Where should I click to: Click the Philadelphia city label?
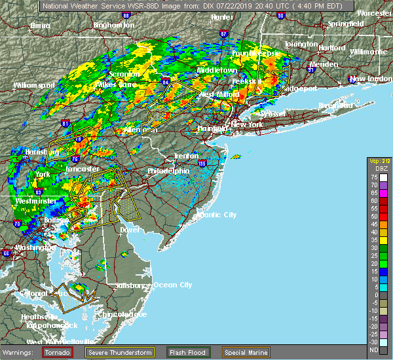coord(168,171)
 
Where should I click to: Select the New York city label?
coord(248,124)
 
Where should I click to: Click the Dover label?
coord(130,230)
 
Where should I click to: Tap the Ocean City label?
coord(172,285)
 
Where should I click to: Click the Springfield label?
coord(346,24)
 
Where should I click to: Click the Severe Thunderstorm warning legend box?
coord(94,351)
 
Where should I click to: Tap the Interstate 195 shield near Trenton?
coord(202,163)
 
